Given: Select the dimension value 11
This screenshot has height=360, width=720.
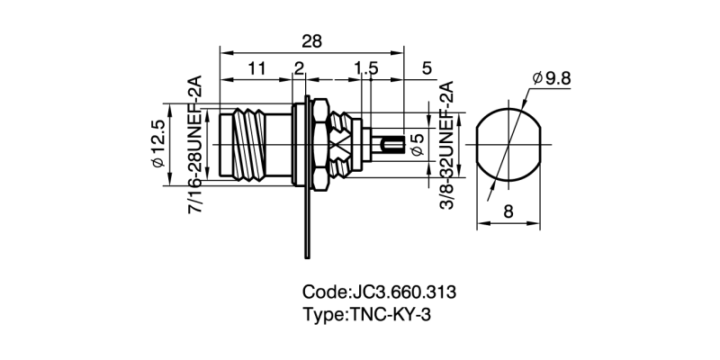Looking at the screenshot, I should (x=256, y=68).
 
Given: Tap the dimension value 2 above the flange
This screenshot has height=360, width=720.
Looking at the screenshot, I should (x=300, y=68).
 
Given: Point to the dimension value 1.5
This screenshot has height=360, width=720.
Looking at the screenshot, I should (x=365, y=68).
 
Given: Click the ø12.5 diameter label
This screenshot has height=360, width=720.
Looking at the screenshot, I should (x=157, y=144).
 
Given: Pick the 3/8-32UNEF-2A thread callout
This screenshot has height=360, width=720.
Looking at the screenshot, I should (x=445, y=144).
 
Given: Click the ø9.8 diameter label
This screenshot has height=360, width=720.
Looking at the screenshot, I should (x=552, y=79).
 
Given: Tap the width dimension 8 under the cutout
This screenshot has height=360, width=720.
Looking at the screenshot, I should (x=508, y=212).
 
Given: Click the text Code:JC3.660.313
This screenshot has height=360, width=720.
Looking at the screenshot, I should (x=380, y=292).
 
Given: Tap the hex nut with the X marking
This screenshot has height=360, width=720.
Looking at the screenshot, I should (x=340, y=144).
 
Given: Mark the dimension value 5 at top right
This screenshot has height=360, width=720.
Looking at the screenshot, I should (x=426, y=68).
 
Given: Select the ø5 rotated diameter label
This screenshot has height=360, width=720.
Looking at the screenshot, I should (x=417, y=144).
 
